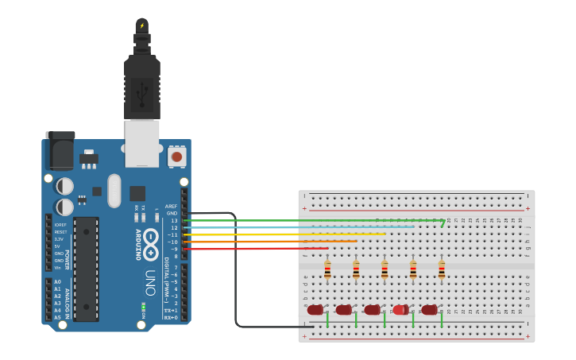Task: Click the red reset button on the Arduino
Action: [176, 157]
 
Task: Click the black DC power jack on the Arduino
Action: [60, 150]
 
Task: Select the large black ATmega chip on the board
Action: [86, 269]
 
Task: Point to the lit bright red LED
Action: [400, 310]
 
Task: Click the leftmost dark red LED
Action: [315, 310]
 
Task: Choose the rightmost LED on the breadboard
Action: [430, 310]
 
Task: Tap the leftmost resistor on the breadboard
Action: [327, 270]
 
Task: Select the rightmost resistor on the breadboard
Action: [442, 270]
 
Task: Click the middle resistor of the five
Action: [385, 270]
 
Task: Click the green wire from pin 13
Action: [318, 220]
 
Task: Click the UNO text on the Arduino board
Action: [151, 283]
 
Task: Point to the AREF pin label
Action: [171, 207]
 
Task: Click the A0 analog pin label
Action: [57, 282]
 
